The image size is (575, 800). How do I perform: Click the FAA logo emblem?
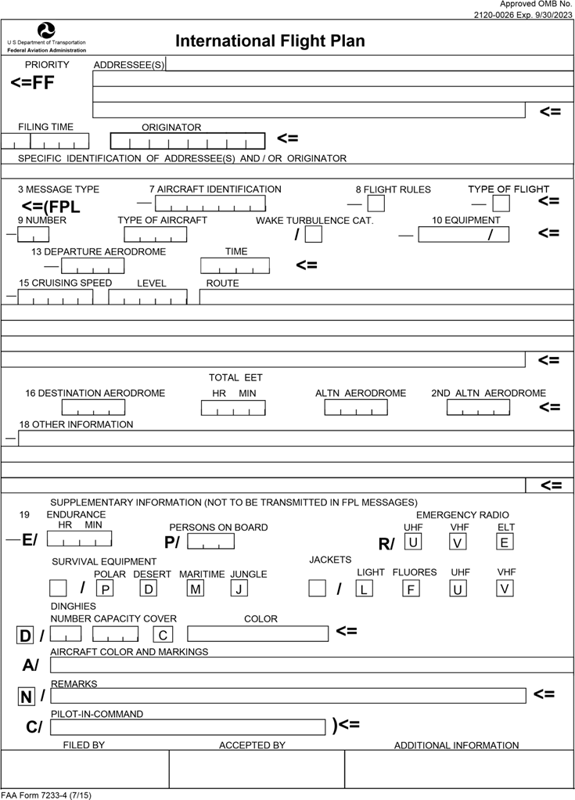click(47, 30)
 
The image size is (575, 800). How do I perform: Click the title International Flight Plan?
click(270, 41)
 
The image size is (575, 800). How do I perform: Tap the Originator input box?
click(187, 141)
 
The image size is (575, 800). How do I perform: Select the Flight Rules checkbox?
click(376, 204)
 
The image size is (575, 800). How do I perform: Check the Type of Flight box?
click(501, 204)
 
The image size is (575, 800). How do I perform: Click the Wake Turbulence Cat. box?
click(314, 234)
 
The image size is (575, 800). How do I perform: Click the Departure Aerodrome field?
click(92, 266)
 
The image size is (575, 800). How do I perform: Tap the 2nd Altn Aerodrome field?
click(478, 408)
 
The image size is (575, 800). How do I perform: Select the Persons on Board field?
click(210, 541)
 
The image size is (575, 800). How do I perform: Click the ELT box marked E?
click(505, 542)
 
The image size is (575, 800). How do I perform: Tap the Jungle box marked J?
click(239, 588)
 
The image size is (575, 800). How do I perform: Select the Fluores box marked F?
click(410, 589)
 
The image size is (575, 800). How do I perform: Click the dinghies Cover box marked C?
click(163, 634)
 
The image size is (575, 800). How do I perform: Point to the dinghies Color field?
click(257, 634)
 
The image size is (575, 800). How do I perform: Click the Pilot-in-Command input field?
click(187, 727)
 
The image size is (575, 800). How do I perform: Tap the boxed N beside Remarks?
click(27, 696)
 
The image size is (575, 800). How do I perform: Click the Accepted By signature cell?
click(257, 769)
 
